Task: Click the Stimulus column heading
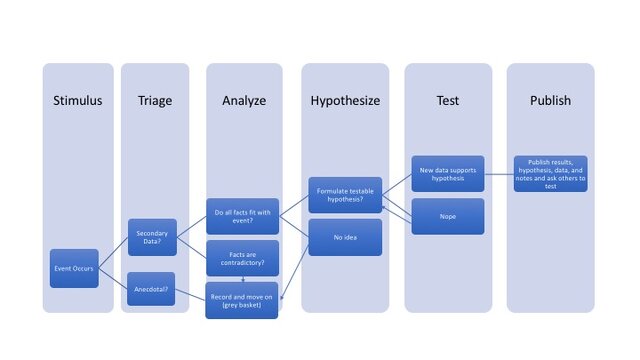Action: [77, 100]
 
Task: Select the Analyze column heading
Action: [243, 100]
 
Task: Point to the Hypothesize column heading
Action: [344, 100]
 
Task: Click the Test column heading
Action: [447, 100]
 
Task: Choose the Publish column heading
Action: [550, 100]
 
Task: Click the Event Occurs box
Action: [74, 269]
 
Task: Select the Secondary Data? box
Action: [152, 237]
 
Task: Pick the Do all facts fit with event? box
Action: [243, 216]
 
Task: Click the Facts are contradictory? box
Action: [243, 258]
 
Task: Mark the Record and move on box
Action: [243, 300]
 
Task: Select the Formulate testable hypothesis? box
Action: [346, 194]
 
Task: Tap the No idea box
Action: [346, 237]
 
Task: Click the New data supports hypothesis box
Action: [448, 173]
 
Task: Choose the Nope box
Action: [448, 216]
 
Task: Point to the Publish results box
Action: [551, 173]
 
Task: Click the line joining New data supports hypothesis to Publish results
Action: [500, 173]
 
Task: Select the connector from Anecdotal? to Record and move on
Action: [191, 295]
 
